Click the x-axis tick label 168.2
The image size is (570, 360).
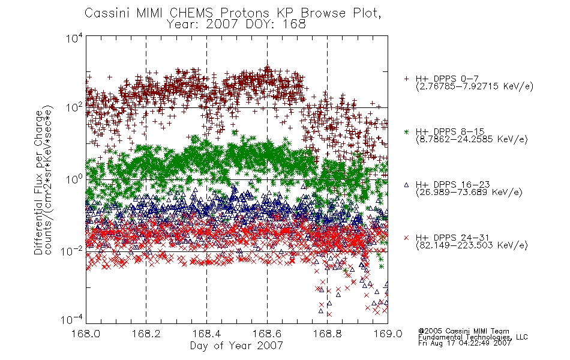(x=146, y=334)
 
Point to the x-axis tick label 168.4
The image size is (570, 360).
(x=207, y=334)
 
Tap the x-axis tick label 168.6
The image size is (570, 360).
(x=267, y=334)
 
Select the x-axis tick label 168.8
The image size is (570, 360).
(x=328, y=334)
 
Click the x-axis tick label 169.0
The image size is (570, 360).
(x=388, y=334)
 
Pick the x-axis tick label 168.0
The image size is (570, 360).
(x=86, y=334)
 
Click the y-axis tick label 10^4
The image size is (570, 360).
(x=74, y=38)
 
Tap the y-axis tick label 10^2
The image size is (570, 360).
(x=74, y=107)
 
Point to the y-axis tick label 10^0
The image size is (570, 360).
(x=74, y=179)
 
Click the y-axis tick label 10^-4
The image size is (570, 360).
(x=72, y=320)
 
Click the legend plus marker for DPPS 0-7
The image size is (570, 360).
(x=407, y=79)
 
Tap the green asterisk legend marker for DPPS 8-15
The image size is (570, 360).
(x=407, y=132)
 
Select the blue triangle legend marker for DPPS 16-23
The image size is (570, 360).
(x=407, y=185)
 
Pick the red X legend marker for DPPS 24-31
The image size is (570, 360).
(x=407, y=238)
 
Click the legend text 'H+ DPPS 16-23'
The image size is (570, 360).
(x=452, y=185)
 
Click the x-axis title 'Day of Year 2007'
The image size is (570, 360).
(x=236, y=346)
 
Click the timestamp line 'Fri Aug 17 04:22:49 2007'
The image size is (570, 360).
(x=464, y=343)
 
